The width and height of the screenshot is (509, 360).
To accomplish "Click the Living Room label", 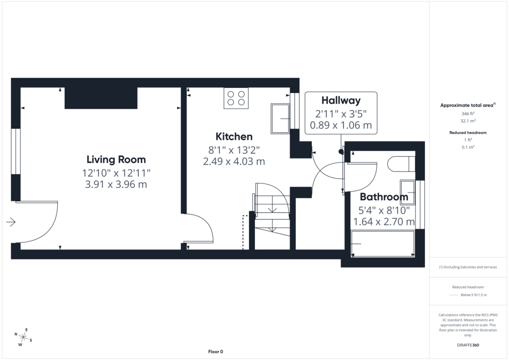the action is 116,160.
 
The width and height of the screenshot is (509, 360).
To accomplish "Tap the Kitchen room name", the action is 234,137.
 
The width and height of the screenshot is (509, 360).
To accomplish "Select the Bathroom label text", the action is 384,197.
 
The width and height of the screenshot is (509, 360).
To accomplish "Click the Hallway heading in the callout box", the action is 341,100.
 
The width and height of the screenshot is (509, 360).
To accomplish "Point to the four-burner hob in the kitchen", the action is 236,98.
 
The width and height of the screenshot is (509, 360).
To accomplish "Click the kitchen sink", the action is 280,118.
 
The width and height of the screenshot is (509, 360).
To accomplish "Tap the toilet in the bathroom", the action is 402,164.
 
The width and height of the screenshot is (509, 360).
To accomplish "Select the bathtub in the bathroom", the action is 383,244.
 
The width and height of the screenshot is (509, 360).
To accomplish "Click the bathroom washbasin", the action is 408,191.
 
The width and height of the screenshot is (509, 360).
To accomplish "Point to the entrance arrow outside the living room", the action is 11,222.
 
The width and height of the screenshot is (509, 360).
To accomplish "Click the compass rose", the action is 23,337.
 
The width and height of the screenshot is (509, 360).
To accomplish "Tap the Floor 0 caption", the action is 216,352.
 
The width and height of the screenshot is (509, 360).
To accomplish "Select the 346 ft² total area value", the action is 468,113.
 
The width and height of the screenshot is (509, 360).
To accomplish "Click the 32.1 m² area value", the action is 468,121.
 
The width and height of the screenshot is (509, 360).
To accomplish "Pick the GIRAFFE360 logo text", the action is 468,345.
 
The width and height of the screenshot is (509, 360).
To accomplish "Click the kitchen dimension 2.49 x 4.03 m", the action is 234,161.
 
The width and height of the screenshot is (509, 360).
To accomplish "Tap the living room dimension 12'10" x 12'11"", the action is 116,173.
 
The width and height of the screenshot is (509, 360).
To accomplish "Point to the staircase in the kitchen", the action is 272,216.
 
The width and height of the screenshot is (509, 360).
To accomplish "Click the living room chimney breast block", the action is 101,98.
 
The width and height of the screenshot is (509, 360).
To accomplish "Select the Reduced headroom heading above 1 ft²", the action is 468,132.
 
